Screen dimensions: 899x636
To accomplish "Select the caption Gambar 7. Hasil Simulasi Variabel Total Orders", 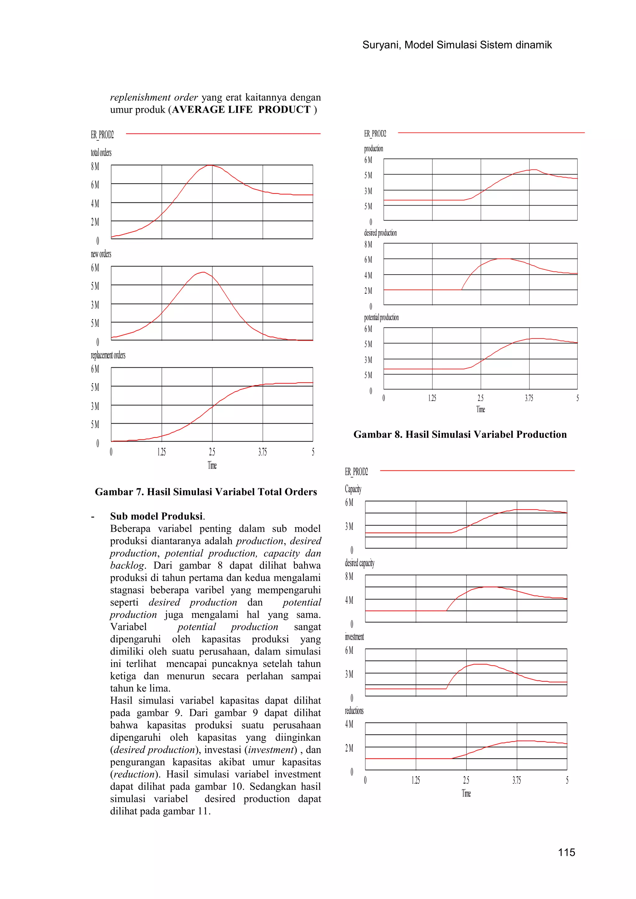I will tap(206, 492).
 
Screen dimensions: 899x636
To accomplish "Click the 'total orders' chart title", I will tap(101, 153).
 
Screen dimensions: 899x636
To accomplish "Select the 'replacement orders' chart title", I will tap(108, 355).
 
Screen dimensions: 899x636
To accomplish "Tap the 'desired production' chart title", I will tap(380, 233).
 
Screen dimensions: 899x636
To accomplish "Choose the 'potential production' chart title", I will tap(381, 318).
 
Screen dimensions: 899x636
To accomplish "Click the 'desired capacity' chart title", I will tap(360, 563).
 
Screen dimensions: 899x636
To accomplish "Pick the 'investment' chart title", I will tap(354, 637).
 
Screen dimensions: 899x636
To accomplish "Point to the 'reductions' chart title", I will tap(354, 711).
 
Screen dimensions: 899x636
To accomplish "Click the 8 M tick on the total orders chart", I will tap(95, 166).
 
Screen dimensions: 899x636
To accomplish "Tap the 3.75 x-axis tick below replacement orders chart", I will tap(262, 452).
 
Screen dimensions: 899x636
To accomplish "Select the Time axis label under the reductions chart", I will tap(466, 793).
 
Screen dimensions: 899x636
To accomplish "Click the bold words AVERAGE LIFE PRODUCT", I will tap(241, 110).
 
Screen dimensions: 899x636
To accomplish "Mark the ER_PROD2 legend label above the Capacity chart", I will tap(357, 472).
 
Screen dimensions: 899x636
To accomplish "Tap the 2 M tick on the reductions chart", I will tap(349, 748).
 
